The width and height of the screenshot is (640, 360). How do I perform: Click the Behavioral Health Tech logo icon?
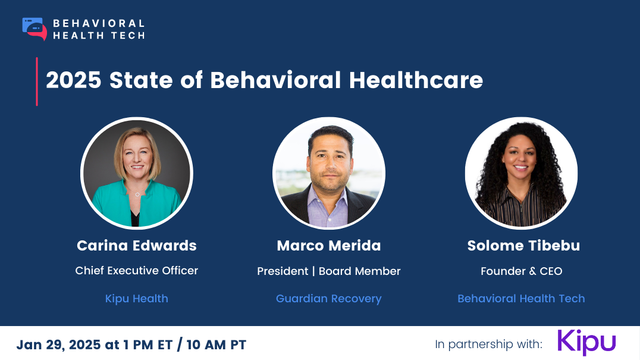[34, 29]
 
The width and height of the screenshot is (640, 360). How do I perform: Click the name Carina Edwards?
[137, 246]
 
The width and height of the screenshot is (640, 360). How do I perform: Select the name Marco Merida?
[329, 246]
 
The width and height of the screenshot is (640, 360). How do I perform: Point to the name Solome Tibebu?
[523, 246]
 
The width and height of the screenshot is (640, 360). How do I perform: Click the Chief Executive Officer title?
[137, 271]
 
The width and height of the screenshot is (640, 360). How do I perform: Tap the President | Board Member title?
[329, 271]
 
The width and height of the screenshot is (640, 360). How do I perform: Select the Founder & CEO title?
[522, 271]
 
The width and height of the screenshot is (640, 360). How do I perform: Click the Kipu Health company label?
[137, 299]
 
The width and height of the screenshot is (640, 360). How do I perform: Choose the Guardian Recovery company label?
[329, 299]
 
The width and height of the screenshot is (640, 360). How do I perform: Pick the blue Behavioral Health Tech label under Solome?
[521, 299]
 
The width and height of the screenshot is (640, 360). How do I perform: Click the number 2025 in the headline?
[74, 80]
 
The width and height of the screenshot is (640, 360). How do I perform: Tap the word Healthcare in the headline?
[416, 80]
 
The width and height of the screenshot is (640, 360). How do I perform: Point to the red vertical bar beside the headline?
[37, 82]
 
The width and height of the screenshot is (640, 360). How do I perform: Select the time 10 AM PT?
[217, 345]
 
